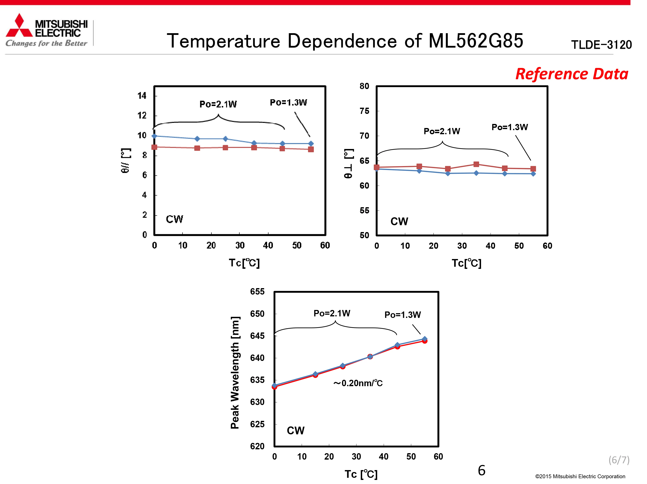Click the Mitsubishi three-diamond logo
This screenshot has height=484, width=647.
[19, 25]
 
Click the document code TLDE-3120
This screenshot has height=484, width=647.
[601, 45]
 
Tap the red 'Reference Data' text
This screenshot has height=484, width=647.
[572, 74]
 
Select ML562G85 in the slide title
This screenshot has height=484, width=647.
[476, 41]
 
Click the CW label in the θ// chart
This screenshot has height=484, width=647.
[174, 219]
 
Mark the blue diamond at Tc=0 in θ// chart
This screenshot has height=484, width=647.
[154, 136]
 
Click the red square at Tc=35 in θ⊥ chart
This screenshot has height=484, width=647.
[476, 164]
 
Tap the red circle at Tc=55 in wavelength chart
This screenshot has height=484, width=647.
[425, 341]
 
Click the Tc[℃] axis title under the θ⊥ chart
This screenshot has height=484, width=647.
[466, 263]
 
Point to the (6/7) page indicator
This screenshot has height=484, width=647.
[619, 460]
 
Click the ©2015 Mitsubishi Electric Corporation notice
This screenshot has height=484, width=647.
[580, 477]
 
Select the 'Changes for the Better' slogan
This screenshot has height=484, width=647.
[46, 43]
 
